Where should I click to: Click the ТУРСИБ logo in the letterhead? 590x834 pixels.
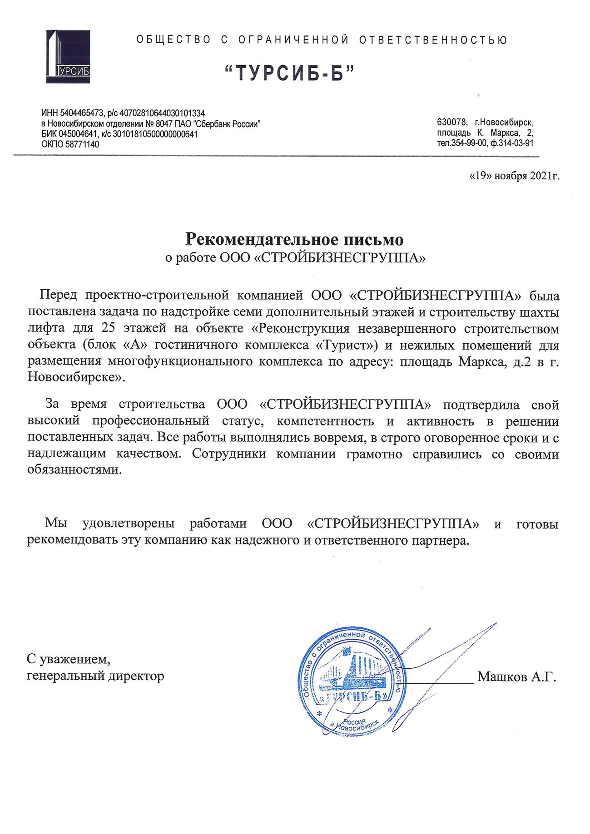(68, 57)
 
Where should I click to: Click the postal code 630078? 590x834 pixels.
(451, 122)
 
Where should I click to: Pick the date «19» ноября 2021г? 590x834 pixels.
(514, 176)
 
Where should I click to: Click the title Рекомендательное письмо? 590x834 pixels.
(294, 239)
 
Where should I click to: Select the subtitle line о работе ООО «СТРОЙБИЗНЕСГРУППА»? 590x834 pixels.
(295, 258)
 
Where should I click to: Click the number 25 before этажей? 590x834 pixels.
(109, 328)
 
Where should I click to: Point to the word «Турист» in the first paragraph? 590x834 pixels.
(346, 345)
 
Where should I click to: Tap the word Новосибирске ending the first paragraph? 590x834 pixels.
(73, 377)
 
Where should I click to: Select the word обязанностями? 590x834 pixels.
(74, 470)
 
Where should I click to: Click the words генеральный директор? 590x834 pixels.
(95, 676)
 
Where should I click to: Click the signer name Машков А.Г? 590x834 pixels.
(516, 677)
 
